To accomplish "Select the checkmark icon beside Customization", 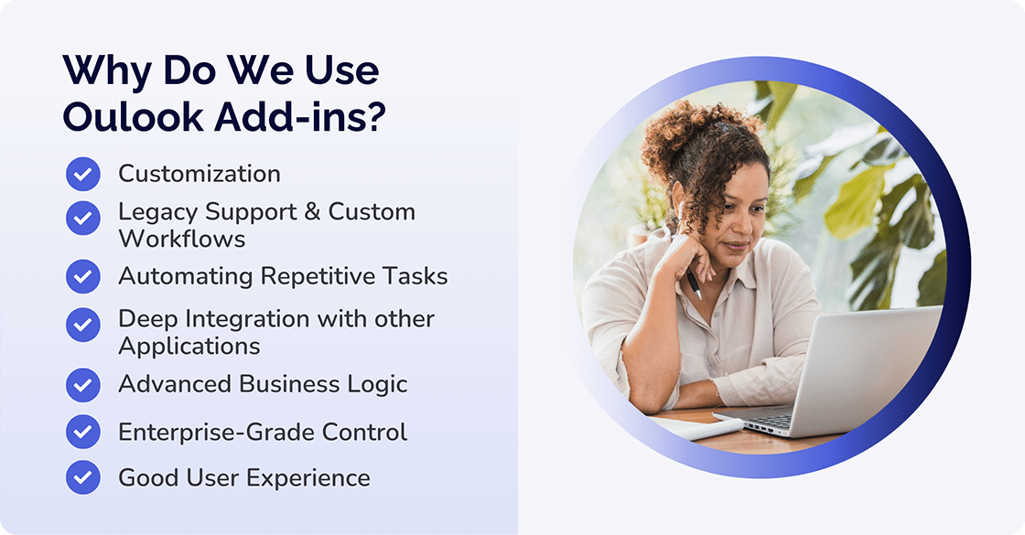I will [83, 174].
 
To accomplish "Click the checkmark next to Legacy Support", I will [83, 218].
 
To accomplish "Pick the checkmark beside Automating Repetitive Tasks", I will [83, 276].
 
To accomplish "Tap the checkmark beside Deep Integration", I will [83, 323].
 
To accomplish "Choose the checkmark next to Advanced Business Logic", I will [83, 384].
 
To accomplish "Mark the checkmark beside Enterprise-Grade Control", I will [83, 432].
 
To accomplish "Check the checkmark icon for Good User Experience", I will [83, 477].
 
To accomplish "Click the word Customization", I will [200, 174].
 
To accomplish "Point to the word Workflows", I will [182, 239].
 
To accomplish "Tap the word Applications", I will [189, 347].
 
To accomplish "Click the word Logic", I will [377, 384].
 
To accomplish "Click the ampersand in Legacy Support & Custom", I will [311, 212].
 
